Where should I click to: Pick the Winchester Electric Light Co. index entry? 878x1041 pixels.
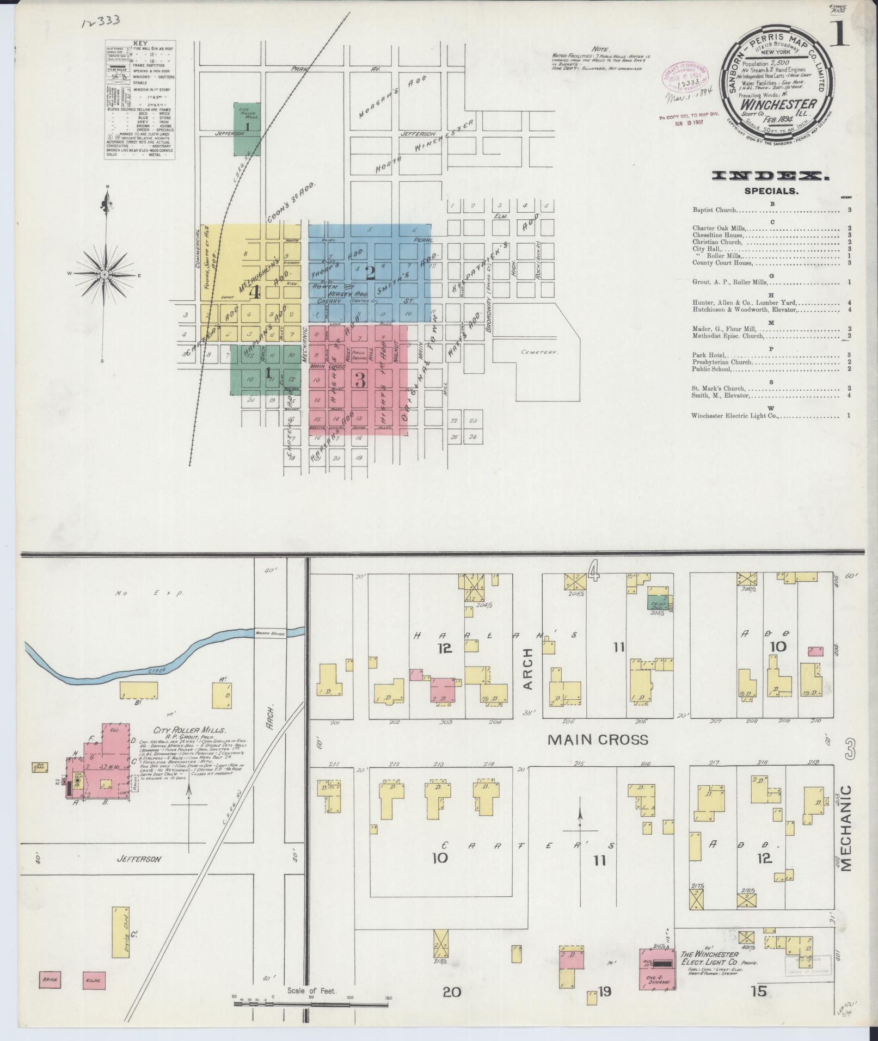coord(734,416)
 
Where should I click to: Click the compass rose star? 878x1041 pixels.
coord(104,275)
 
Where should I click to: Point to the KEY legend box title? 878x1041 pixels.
coord(140,44)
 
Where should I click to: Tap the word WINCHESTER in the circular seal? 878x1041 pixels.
coord(778,104)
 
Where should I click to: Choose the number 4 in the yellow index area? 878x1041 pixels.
coord(254,292)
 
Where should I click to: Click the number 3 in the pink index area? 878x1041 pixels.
coord(360,380)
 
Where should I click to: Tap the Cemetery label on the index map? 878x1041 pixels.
coord(539,352)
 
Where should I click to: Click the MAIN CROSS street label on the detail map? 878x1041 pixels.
coord(598,740)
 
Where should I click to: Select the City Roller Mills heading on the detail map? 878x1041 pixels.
coord(183,731)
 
